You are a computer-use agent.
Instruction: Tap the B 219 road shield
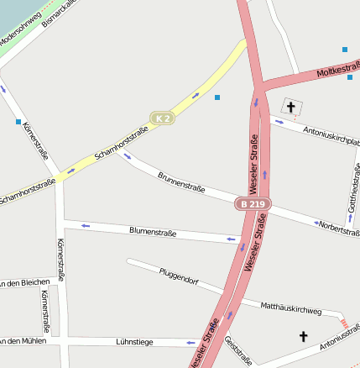tap(252, 204)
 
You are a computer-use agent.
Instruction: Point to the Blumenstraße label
tap(153, 231)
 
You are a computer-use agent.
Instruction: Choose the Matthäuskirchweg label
tap(291, 309)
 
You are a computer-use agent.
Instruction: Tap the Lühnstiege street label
tap(134, 342)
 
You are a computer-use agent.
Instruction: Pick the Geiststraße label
tap(238, 350)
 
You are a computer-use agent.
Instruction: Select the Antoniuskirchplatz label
tap(331, 132)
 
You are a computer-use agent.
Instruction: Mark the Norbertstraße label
tap(339, 229)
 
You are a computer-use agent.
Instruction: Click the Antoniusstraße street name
tap(339, 340)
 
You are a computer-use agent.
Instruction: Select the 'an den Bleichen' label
tap(26, 281)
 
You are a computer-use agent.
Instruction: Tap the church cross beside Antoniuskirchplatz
tap(291, 107)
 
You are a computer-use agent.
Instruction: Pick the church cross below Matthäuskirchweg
tap(303, 336)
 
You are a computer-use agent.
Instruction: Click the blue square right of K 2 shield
tap(217, 98)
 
